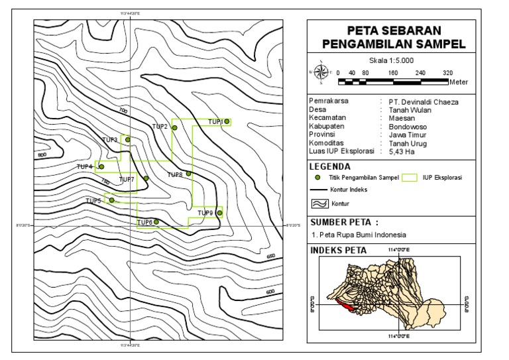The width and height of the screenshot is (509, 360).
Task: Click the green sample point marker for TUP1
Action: [x=227, y=121]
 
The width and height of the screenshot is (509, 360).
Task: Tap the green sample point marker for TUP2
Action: [x=174, y=127]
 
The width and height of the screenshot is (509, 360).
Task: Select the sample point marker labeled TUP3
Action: [x=128, y=139]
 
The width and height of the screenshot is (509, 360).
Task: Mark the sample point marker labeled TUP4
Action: [x=101, y=166]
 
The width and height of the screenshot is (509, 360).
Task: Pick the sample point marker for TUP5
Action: [x=111, y=200]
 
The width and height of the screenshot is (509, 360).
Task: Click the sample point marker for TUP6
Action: [x=156, y=221]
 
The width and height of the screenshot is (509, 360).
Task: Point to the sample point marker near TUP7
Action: [x=146, y=178]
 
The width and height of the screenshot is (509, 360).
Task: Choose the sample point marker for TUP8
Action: [x=188, y=174]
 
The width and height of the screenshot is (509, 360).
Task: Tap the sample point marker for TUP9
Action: [x=219, y=212]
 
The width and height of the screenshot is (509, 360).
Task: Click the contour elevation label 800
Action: [x=43, y=155]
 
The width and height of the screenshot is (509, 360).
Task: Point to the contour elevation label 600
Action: [x=270, y=292]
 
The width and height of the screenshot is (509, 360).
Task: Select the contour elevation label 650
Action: [x=270, y=256]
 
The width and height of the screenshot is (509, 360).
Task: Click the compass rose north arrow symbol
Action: [x=321, y=72]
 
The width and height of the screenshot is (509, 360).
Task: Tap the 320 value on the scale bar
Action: [x=447, y=73]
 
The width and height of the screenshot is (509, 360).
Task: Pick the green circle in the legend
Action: [x=317, y=178]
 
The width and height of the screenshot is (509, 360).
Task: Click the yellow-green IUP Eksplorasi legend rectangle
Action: [x=411, y=178]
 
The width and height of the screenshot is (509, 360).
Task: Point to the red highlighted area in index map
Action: [x=347, y=305]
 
